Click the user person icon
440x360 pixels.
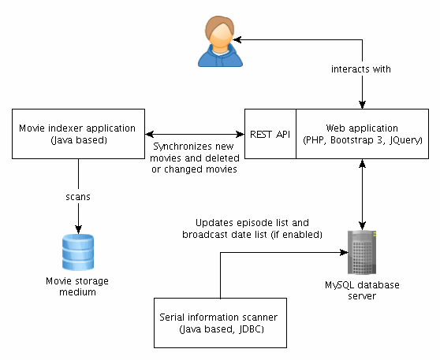pyautogui.click(x=220, y=41)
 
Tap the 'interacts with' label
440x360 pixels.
pyautogui.click(x=361, y=69)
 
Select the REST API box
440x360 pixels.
pyautogui.click(x=270, y=134)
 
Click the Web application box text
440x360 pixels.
pyautogui.click(x=362, y=134)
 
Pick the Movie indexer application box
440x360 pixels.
pyautogui.click(x=78, y=134)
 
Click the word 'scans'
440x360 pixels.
pyautogui.click(x=78, y=197)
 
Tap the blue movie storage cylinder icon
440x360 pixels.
pyautogui.click(x=78, y=252)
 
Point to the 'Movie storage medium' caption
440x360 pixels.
pyautogui.click(x=77, y=286)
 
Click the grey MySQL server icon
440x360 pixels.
pyautogui.click(x=362, y=252)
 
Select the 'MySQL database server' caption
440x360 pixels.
pyautogui.click(x=362, y=290)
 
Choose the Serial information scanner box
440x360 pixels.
pyautogui.click(x=220, y=323)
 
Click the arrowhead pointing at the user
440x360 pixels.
pyautogui.click(x=237, y=40)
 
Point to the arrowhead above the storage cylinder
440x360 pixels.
pyautogui.click(x=78, y=229)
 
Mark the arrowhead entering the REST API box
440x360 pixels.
pyautogui.click(x=241, y=134)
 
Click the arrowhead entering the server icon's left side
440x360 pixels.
pyautogui.click(x=344, y=252)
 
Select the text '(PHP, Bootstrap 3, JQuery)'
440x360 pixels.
pyautogui.click(x=363, y=140)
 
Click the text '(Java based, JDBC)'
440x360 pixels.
pyautogui.click(x=222, y=328)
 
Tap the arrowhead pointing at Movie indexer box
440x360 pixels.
pyautogui.click(x=149, y=134)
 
